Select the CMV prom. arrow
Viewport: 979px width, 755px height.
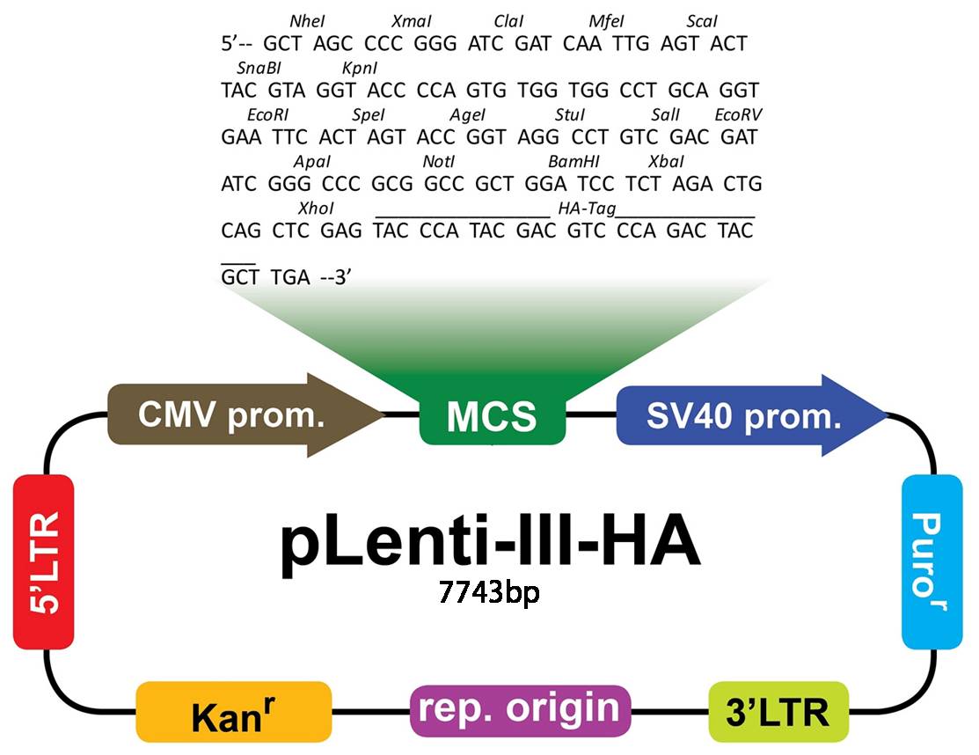[x=245, y=415]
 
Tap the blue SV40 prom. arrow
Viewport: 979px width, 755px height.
[x=751, y=415]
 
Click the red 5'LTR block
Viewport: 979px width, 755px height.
[x=44, y=562]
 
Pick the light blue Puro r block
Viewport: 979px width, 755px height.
[x=932, y=562]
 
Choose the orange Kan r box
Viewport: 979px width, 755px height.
[x=233, y=712]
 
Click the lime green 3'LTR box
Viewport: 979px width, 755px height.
[x=778, y=712]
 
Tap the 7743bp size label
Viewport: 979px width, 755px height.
[x=489, y=591]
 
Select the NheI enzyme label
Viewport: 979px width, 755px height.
[x=307, y=21]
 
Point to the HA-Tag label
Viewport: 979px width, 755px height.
[x=587, y=209]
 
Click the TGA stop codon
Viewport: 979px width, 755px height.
[x=290, y=276]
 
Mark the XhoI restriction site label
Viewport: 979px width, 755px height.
[x=316, y=208]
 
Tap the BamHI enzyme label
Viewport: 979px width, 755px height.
[x=574, y=162]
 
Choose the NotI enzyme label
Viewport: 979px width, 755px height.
[x=439, y=162]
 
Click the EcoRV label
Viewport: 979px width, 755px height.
[x=739, y=115]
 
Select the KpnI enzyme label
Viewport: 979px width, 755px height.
[x=360, y=68]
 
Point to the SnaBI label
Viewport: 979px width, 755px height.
[x=259, y=68]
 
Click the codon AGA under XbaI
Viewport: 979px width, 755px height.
[x=692, y=184]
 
